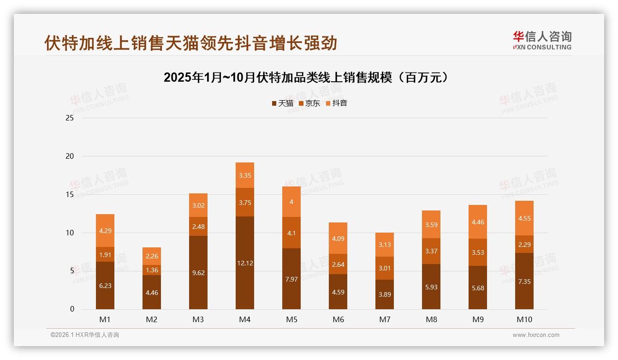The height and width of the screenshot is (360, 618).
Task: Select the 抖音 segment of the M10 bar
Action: tap(524, 218)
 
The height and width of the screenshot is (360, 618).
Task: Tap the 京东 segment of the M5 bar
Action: tap(291, 233)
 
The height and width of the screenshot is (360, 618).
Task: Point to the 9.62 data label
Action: tap(198, 273)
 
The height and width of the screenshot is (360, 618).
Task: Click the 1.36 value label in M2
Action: tap(152, 270)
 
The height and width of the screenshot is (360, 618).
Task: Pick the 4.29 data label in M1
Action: tap(105, 230)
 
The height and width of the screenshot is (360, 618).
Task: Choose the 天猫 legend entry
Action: tap(282, 103)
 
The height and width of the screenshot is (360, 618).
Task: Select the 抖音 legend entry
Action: tap(336, 103)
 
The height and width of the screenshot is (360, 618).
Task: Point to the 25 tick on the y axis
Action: tap(70, 118)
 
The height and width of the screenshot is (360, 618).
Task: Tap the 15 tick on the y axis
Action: tap(70, 194)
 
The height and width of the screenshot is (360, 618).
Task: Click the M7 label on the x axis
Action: tap(385, 319)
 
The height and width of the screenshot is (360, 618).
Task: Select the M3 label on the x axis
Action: tap(198, 319)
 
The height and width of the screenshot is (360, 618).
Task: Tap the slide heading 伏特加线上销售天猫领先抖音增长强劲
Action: tap(191, 43)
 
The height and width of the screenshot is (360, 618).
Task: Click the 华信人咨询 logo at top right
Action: tap(542, 41)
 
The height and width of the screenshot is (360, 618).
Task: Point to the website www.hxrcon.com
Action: tap(536, 335)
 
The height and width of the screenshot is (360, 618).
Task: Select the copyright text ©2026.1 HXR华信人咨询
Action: tap(85, 335)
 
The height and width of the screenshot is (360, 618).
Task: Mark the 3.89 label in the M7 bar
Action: tap(385, 294)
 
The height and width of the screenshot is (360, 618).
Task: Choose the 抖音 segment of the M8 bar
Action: tap(431, 224)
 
